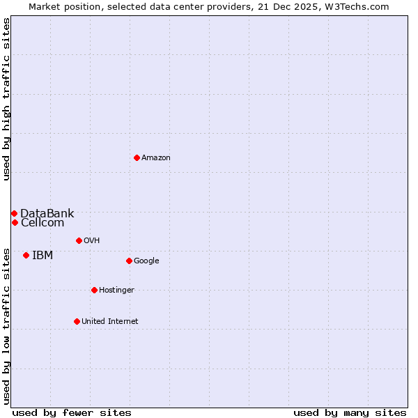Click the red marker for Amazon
pos(137,157)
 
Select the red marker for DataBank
pos(14,213)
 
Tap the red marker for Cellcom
pos(15,222)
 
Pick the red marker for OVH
pos(79,240)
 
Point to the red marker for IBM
pos(26,255)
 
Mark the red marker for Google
pos(129,261)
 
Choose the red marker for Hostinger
pos(94,290)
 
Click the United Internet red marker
pos(77,321)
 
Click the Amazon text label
pos(156,158)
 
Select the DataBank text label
pos(47,213)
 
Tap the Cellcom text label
pos(42,223)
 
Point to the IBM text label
pos(42,256)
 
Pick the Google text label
pos(146,261)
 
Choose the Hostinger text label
pos(116,291)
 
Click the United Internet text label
pos(110,322)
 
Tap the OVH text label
pos(91,241)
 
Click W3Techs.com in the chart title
pos(355,6)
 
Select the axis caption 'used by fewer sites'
pos(72,412)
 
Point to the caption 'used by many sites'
pos(350,412)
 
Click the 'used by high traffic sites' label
pos(6,99)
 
